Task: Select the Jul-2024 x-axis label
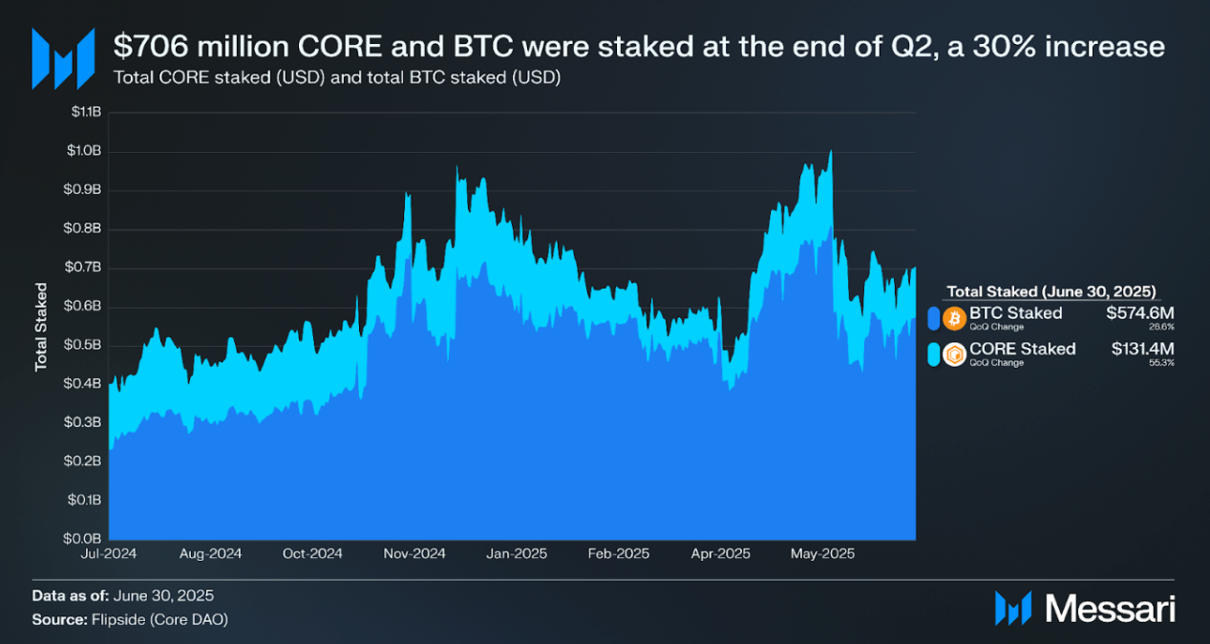108,554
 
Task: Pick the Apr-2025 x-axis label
721,554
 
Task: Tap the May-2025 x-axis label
824,554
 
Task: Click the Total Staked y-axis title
41,327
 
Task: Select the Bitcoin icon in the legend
953,317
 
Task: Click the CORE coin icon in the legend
953,354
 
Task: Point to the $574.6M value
1140,313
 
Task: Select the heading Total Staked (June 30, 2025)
1051,290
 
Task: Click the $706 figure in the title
143,46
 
